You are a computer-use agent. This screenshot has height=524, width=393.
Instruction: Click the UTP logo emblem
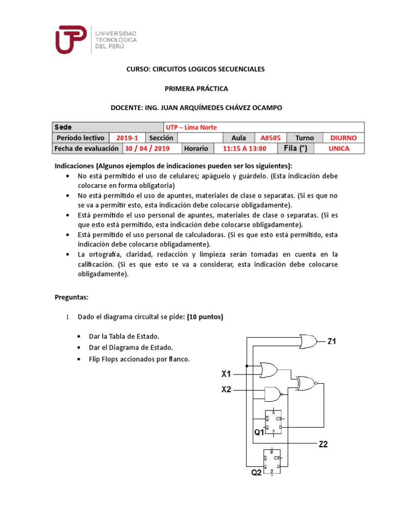coord(71,39)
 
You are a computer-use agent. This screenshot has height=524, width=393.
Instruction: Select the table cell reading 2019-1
coord(127,138)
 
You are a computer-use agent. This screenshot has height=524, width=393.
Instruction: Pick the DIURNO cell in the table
coord(343,138)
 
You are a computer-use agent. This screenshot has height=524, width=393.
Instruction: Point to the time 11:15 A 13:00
coord(245,148)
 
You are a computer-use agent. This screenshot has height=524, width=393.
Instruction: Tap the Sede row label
coord(64,127)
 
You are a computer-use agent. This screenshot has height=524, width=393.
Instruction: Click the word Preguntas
coord(72,297)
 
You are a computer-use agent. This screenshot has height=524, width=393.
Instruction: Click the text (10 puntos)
coord(205,317)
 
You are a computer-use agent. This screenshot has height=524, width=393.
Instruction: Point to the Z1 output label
coord(332,341)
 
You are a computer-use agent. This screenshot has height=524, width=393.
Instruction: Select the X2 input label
coord(226,389)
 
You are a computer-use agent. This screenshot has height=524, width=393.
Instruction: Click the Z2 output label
coord(322,444)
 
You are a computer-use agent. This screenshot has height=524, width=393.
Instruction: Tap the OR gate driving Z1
coord(308,340)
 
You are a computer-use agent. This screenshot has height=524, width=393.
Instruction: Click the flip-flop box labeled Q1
coord(273,423)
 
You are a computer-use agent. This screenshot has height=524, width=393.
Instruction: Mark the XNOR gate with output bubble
coord(308,383)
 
